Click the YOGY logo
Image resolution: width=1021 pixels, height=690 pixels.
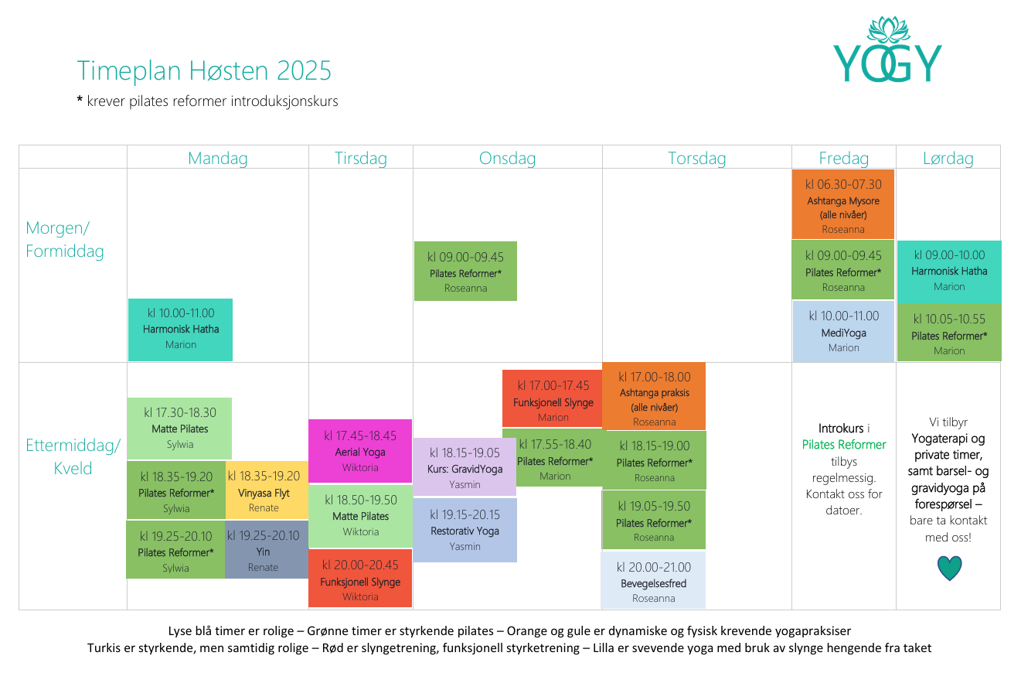887,50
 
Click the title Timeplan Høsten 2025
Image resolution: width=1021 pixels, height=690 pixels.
204,70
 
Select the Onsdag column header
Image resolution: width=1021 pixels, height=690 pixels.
507,159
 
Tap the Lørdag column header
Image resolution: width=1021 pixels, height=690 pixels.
948,159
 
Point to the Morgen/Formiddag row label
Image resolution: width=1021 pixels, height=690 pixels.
65,240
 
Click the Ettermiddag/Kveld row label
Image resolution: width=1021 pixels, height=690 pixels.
73,456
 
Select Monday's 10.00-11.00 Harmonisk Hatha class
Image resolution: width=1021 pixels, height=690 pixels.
181,330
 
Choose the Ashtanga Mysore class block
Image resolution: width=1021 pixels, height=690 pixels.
842,204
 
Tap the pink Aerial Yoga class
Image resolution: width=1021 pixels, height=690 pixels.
360,451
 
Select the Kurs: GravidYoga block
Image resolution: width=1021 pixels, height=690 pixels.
465,467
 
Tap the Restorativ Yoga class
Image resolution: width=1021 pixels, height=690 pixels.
465,530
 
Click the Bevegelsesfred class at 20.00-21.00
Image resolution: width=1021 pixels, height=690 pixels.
653,581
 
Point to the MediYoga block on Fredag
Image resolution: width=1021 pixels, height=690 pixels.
843,332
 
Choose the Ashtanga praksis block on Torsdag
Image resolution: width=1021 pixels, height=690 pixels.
654,396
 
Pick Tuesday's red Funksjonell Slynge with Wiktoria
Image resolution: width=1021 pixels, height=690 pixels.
360,579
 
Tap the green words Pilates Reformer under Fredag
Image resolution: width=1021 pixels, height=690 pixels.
844,445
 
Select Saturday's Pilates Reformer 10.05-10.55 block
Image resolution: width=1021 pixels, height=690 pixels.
949,333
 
